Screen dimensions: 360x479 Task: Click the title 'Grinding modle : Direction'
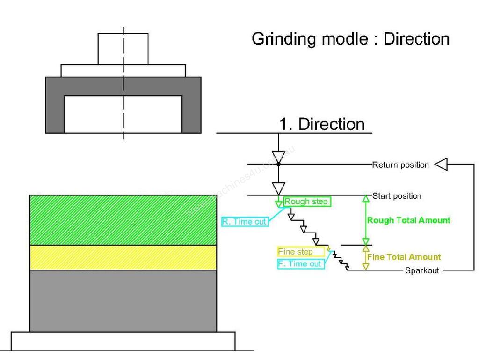(350, 39)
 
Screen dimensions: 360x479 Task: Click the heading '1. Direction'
(322, 124)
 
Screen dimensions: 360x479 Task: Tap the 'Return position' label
(400, 165)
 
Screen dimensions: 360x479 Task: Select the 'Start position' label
(397, 196)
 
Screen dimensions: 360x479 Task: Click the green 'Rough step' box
(306, 202)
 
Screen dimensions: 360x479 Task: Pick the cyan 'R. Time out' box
(244, 222)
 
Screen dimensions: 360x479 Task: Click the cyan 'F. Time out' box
(299, 264)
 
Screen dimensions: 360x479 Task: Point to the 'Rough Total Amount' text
(409, 220)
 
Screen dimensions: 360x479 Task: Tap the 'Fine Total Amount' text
(404, 257)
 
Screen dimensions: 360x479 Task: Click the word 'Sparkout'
(422, 270)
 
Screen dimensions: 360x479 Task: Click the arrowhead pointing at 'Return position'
(441, 165)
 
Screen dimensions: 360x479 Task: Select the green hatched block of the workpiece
(123, 220)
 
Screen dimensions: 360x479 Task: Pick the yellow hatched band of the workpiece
(123, 257)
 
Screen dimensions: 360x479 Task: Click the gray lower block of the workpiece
(123, 300)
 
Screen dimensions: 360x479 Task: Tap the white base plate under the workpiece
(123, 341)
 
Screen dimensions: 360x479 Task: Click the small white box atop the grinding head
(123, 49)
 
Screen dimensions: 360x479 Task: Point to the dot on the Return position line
(279, 164)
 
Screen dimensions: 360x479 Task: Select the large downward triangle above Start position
(279, 188)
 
